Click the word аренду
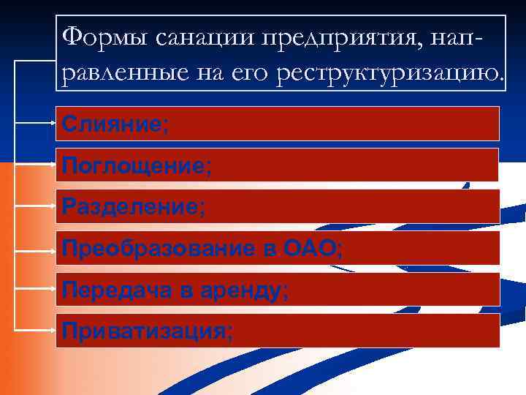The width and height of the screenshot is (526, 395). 244,291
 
